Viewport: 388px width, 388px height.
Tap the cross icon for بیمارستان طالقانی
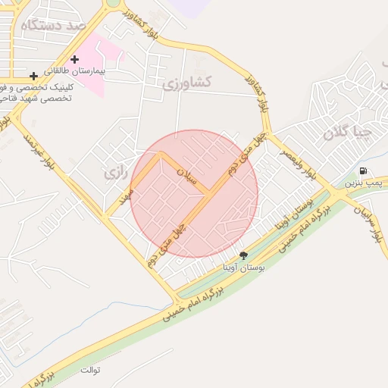pyautogui.click(x=74, y=59)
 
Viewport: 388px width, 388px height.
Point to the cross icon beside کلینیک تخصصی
pyautogui.click(x=33, y=76)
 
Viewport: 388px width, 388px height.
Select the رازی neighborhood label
pyautogui.click(x=114, y=173)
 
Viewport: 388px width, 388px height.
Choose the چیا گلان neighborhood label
pyautogui.click(x=349, y=133)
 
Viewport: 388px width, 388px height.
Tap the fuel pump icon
pyautogui.click(x=364, y=171)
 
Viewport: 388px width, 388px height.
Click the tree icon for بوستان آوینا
pyautogui.click(x=243, y=255)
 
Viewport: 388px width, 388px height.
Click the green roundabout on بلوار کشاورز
pyautogui.click(x=113, y=2)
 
